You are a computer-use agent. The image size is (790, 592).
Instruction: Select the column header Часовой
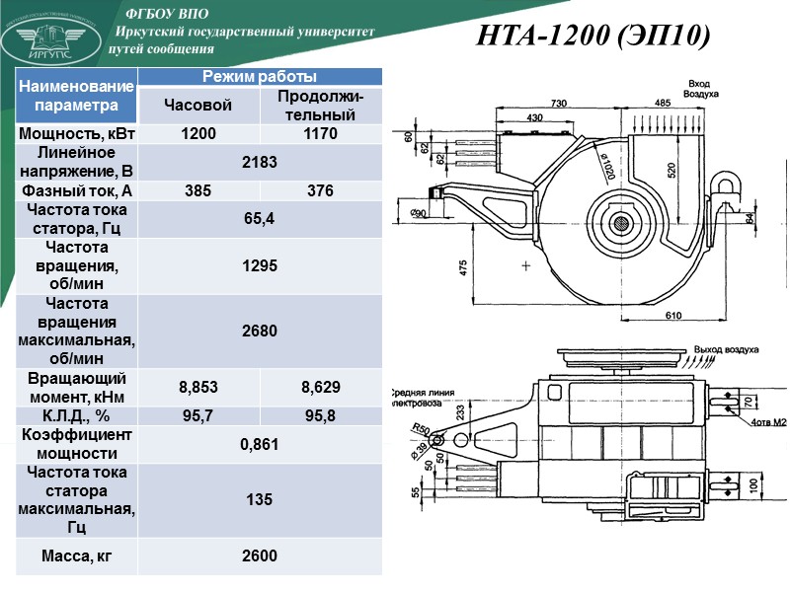(198, 106)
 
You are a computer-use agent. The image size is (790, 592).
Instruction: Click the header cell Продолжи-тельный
(320, 106)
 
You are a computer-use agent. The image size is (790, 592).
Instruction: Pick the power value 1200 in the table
(198, 134)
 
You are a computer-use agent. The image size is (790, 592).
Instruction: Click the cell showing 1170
(320, 134)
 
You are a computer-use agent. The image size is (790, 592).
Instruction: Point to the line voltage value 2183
(260, 163)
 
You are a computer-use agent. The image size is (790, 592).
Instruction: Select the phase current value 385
(198, 190)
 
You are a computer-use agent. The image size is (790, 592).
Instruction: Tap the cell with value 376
(320, 190)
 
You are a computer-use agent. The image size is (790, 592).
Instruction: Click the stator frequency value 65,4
(260, 219)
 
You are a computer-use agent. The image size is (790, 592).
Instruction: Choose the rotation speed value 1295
(260, 266)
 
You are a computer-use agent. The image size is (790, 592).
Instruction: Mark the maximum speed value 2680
(260, 331)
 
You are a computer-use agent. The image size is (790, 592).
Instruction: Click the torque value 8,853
(198, 387)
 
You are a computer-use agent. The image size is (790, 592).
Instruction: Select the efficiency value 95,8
(320, 415)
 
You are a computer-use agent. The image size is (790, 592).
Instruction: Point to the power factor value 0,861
(260, 444)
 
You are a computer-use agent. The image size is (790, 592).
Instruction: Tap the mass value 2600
(260, 556)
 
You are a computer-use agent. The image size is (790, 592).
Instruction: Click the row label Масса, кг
(76, 556)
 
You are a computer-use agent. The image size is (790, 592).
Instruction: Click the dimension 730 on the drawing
(559, 103)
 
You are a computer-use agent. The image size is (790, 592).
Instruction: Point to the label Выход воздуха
(726, 350)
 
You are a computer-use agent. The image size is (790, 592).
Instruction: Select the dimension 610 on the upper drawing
(672, 315)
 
